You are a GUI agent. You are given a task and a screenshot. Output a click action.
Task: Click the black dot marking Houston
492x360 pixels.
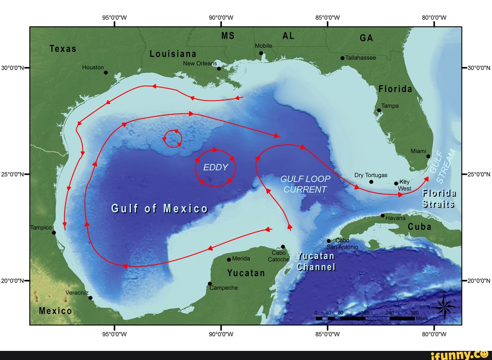(106, 72)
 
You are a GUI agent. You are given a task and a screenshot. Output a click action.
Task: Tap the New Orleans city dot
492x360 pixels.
(219, 69)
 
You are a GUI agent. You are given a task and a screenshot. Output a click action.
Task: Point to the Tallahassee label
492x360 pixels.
(361, 58)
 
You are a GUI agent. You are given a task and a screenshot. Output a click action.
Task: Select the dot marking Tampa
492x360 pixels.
(379, 110)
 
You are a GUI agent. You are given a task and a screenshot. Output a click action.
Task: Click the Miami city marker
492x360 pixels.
(428, 156)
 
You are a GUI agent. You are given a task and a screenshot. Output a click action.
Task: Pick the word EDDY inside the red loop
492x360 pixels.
(215, 167)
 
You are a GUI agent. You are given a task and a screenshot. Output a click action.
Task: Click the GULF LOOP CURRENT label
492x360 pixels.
(305, 184)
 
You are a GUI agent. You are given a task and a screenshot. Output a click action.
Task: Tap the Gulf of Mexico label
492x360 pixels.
(159, 209)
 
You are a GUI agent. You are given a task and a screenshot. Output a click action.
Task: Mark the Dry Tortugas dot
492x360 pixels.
(371, 182)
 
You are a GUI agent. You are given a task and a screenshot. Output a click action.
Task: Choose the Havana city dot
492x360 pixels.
(383, 215)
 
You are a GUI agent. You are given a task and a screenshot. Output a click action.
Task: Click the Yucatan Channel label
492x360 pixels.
(316, 262)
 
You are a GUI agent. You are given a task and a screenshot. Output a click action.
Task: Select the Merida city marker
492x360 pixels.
(229, 259)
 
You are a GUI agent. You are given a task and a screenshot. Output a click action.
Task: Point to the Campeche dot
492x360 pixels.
(210, 284)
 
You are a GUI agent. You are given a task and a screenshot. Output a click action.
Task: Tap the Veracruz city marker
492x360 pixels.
(90, 298)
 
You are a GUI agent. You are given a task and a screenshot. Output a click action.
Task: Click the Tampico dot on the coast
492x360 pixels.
(54, 233)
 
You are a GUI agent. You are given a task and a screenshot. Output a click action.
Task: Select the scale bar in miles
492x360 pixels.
(365, 318)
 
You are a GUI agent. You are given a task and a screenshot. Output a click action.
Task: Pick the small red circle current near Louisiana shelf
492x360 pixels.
(173, 138)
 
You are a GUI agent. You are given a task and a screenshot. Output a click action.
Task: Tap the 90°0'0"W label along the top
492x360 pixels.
(221, 18)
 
